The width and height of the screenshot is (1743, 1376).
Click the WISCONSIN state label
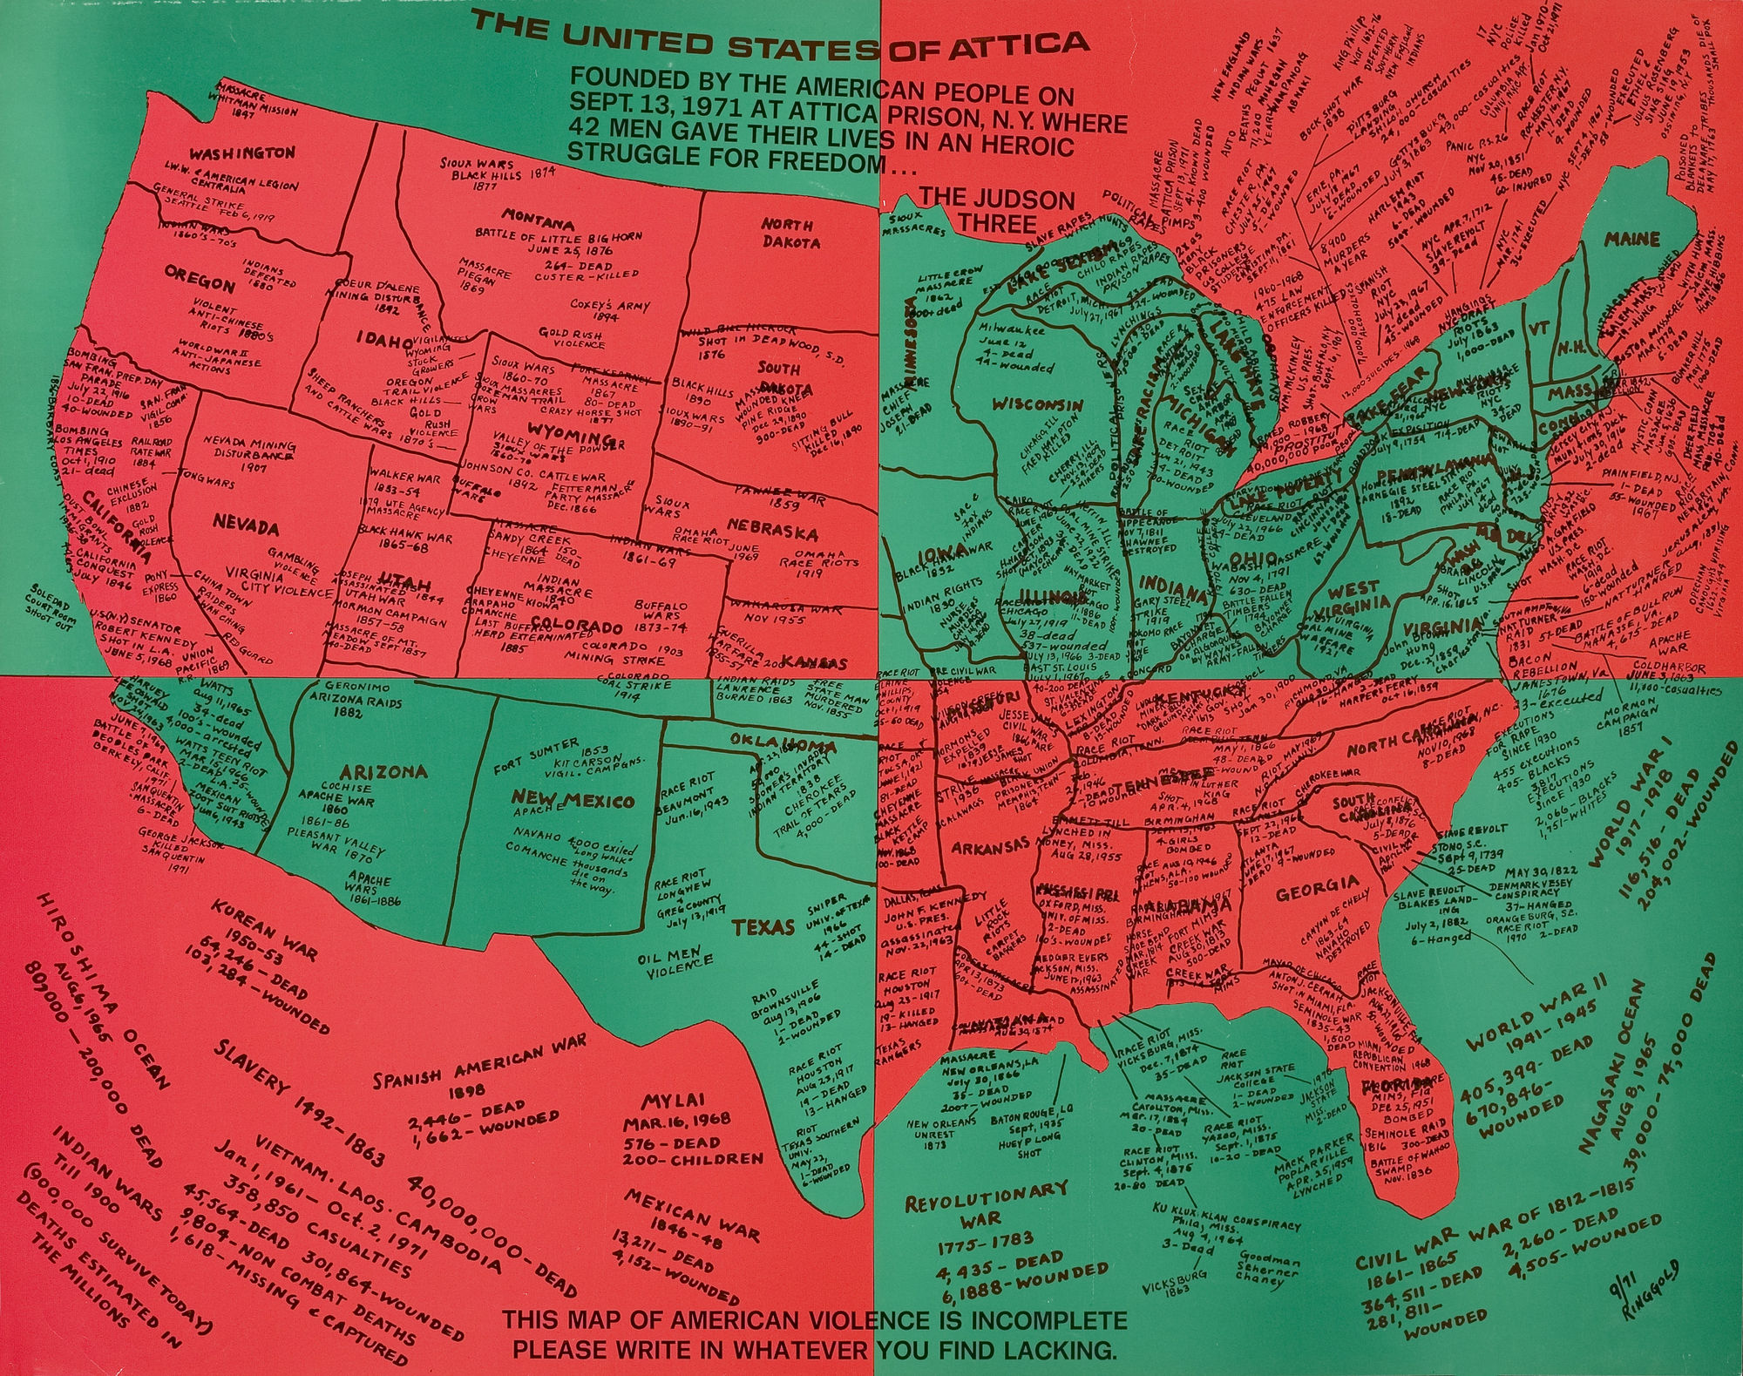pyautogui.click(x=1037, y=404)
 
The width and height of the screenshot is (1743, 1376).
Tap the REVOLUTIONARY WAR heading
pyautogui.click(x=986, y=1202)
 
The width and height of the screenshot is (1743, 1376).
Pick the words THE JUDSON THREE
pyautogui.click(x=997, y=211)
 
